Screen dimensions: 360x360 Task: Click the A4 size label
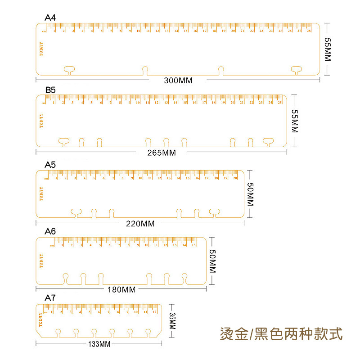(50, 18)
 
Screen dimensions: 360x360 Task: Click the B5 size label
(50, 90)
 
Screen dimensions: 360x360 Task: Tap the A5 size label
(50, 165)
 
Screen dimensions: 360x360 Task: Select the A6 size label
(50, 231)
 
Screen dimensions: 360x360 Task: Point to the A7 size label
(50, 298)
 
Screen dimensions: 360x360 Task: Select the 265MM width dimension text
(162, 153)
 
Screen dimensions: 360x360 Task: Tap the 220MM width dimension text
(140, 224)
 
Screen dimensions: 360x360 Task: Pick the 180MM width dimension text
(121, 289)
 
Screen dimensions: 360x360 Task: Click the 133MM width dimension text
(98, 345)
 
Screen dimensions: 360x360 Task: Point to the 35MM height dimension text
(171, 321)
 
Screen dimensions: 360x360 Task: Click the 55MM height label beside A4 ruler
(327, 49)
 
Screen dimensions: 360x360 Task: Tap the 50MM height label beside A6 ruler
(213, 261)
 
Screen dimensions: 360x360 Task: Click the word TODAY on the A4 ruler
(41, 49)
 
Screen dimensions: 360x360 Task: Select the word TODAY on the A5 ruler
(41, 193)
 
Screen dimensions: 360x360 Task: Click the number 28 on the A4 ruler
(309, 31)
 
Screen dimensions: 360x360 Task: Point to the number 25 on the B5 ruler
(279, 103)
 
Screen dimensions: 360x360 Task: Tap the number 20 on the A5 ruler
(235, 178)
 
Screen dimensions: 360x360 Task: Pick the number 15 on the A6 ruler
(193, 245)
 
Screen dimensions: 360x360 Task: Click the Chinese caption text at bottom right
(281, 334)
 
